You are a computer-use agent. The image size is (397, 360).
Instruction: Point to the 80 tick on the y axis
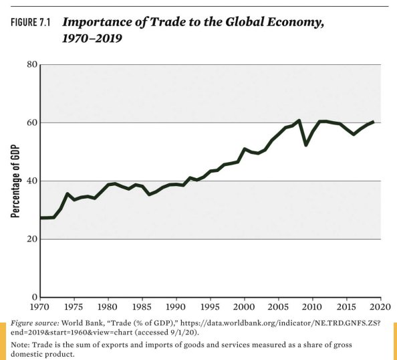(31, 65)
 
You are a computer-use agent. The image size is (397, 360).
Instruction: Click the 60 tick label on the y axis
(31, 123)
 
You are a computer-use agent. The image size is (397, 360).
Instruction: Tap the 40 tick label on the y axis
(31, 181)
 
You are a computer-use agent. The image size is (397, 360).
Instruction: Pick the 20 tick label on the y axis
(31, 240)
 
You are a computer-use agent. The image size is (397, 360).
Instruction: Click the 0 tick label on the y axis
(34, 297)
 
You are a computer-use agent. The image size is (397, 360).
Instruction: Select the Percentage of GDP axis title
(15, 181)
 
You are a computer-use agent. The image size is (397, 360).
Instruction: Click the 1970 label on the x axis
(41, 308)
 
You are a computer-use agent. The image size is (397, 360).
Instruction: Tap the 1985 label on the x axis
(142, 308)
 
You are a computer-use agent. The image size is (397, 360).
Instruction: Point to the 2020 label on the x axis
(380, 308)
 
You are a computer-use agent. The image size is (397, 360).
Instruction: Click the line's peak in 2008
(299, 120)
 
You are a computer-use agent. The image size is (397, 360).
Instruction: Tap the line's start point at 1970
(41, 218)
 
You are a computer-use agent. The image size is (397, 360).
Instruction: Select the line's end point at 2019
(373, 122)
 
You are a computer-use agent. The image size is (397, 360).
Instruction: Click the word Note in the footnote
(19, 344)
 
